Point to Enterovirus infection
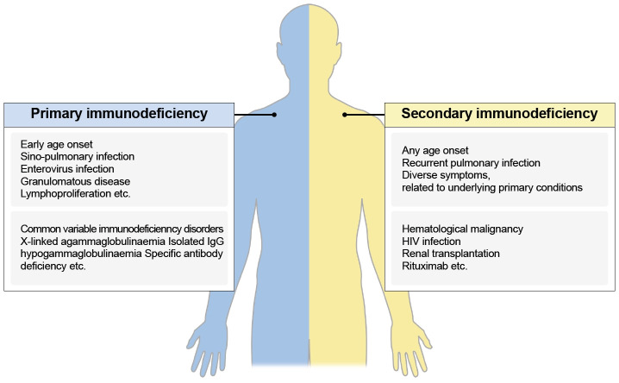tap(67, 170)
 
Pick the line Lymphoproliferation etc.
tap(77, 196)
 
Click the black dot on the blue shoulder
tap(274, 114)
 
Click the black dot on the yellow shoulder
tap(345, 114)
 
